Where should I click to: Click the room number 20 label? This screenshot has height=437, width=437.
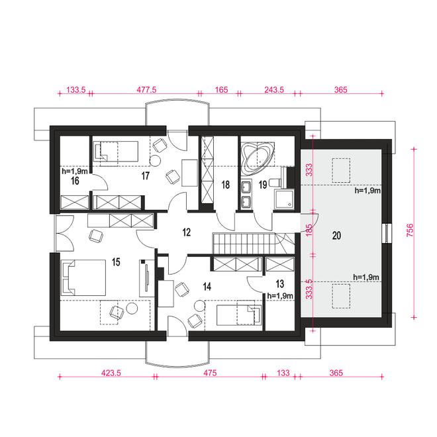tap(336, 236)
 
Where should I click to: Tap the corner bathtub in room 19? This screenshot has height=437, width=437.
tap(257, 158)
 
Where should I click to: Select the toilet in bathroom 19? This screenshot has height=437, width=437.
tap(277, 182)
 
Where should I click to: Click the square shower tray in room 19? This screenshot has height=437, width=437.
tap(284, 199)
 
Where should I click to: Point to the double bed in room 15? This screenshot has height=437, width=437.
tap(83, 277)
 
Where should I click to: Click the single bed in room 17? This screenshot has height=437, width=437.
tap(115, 152)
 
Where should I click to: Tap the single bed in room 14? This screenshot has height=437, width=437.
tap(239, 315)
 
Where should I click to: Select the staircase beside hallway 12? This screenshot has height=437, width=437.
tap(253, 244)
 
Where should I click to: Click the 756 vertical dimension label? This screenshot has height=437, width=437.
tap(410, 230)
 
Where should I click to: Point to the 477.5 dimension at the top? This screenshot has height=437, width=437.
tap(146, 90)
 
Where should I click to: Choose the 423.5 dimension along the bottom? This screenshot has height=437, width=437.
tap(111, 373)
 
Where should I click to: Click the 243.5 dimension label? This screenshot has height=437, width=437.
tap(274, 90)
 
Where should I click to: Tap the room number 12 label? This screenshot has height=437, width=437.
tap(187, 232)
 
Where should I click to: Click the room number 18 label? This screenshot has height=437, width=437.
tap(226, 185)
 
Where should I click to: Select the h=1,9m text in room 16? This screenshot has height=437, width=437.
tap(75, 171)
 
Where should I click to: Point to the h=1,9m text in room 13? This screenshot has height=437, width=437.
tap(280, 296)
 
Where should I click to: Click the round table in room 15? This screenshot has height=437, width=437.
tap(132, 309)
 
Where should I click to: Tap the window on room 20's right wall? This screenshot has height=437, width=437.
tap(387, 233)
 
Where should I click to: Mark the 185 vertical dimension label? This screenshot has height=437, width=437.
tap(309, 230)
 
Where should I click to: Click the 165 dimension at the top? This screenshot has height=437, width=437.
tap(222, 90)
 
